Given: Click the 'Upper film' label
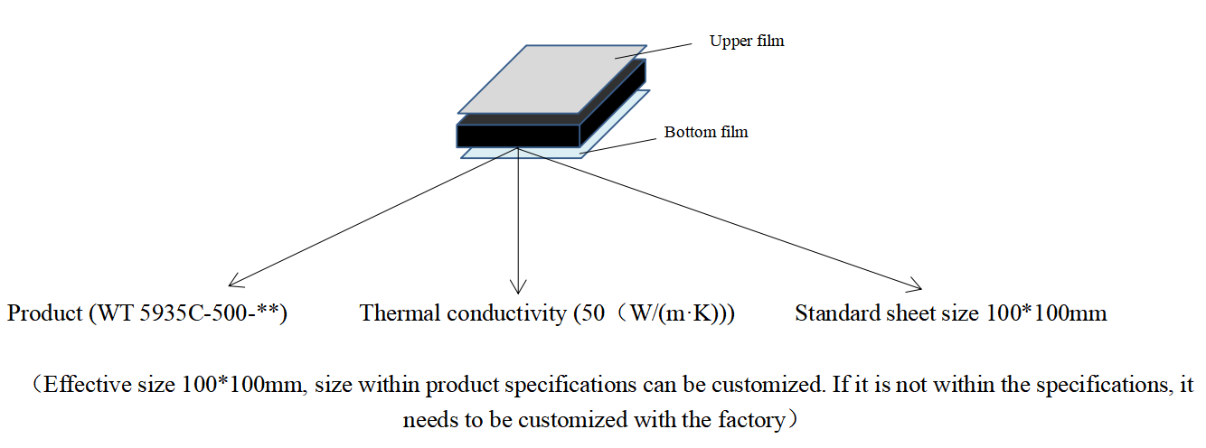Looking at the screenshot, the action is tap(746, 42).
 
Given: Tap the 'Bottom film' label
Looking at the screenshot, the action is tap(706, 132).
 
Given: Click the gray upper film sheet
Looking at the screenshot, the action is tap(551, 79).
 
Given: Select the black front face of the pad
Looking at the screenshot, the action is tap(518, 136).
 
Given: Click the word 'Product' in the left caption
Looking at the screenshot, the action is tap(44, 313).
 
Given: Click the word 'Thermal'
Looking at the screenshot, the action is tap(400, 313).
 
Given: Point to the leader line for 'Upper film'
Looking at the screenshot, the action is tap(653, 51).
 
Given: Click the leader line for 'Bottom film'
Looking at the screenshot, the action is tap(618, 145).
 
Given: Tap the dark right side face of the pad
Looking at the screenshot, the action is tap(613, 102).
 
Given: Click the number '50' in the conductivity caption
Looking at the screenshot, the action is tap(593, 313).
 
